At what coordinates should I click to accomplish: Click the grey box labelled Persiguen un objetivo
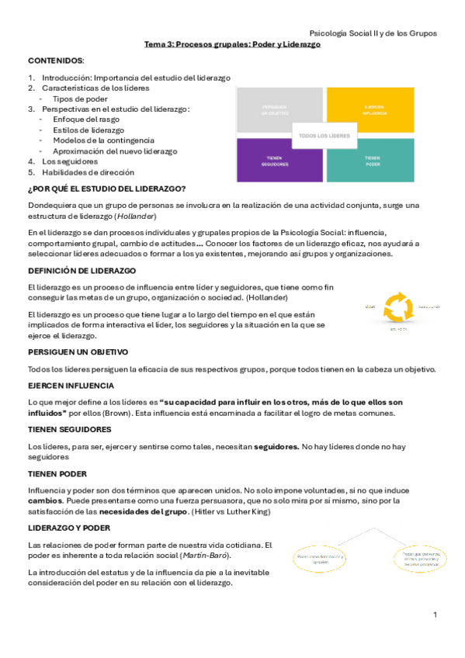point(279,109)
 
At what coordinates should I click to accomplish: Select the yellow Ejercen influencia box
point(370,109)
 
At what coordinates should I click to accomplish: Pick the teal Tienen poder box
point(370,161)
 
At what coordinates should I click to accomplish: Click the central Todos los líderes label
point(324,136)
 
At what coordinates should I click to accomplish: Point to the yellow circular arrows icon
point(400,308)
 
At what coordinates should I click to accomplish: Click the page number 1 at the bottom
point(436,615)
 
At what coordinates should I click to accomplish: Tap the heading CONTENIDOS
point(56,61)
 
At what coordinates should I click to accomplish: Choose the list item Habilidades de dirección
point(82,172)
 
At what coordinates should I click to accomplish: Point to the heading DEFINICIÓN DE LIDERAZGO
point(82,270)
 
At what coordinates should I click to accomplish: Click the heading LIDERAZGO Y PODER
point(69,528)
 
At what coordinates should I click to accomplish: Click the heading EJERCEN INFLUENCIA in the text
point(71,386)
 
